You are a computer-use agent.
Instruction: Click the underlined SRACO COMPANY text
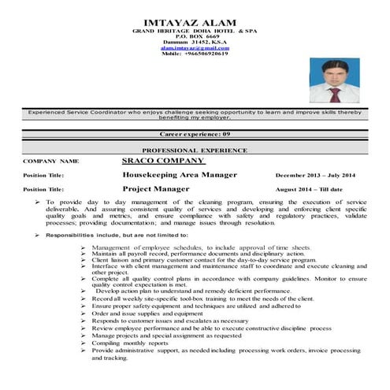tap(164, 160)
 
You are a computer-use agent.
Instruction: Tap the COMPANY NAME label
tap(52, 161)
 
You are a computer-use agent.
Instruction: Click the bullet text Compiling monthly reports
tap(131, 342)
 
